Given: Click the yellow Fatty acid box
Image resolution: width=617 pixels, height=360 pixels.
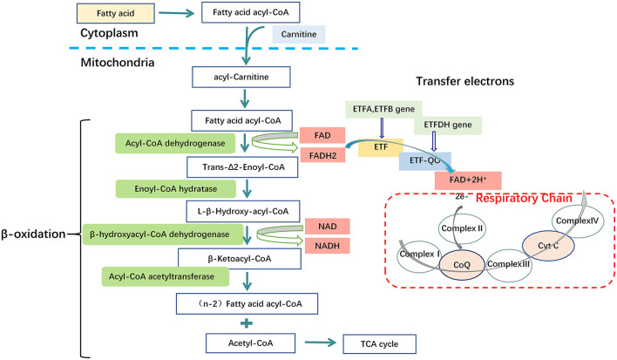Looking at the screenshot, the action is (x=115, y=13).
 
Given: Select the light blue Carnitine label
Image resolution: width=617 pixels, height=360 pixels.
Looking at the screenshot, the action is (x=299, y=34).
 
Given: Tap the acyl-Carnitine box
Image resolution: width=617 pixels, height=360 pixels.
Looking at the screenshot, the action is (x=241, y=77).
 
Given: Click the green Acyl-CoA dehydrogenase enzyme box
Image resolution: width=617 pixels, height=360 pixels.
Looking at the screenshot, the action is (x=175, y=143).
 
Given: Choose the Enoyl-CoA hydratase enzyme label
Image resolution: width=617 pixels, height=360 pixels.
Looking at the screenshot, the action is (x=175, y=189).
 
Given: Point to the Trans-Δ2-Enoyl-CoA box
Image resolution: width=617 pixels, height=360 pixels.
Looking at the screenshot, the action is (x=242, y=167).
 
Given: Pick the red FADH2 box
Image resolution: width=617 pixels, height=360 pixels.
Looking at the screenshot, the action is (x=322, y=155).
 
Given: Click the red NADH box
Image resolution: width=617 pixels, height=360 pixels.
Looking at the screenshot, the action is (x=328, y=246).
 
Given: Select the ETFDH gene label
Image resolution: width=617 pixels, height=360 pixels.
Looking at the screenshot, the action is (x=448, y=126).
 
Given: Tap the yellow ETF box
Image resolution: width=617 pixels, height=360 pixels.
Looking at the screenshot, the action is (x=381, y=147).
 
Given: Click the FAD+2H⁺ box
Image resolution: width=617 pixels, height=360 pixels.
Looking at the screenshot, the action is (x=468, y=180).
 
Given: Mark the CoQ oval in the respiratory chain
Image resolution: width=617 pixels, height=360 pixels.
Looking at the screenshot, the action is (x=462, y=265).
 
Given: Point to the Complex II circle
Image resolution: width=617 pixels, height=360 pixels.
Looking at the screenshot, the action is (x=462, y=228).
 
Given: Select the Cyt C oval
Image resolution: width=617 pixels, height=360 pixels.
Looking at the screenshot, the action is (x=548, y=246).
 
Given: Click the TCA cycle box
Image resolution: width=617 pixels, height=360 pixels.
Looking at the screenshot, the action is (x=379, y=344).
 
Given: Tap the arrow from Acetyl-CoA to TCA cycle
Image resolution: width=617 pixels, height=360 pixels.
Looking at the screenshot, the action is (x=321, y=343).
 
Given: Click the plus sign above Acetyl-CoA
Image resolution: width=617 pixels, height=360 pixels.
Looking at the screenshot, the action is (x=247, y=323).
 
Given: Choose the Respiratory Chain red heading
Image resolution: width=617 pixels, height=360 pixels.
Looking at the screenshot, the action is (x=524, y=198).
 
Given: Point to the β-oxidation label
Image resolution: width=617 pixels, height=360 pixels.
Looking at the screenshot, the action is (x=33, y=234).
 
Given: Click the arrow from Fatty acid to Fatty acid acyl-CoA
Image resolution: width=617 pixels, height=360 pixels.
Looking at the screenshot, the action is (x=177, y=13).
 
